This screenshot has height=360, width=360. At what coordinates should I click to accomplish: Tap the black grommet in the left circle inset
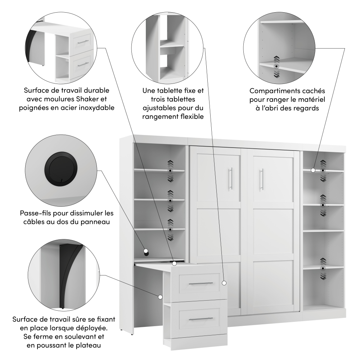(61, 168)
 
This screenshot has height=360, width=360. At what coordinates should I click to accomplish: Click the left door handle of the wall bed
(230, 179)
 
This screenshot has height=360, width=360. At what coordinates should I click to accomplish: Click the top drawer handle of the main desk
(201, 284)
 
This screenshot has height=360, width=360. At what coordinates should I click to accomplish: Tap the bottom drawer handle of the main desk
(201, 319)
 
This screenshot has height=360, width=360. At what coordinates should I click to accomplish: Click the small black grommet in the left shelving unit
(146, 253)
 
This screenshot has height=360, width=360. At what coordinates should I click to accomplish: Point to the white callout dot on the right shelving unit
(313, 170)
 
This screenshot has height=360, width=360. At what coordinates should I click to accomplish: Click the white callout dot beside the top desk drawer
(224, 283)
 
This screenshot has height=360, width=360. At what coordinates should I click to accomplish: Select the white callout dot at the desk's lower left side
(160, 297)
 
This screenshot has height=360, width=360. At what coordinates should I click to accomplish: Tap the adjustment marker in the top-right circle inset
(276, 67)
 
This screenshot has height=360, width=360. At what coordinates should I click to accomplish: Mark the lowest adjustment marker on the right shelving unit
(323, 268)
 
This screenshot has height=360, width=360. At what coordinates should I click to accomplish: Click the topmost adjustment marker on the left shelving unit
(170, 171)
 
